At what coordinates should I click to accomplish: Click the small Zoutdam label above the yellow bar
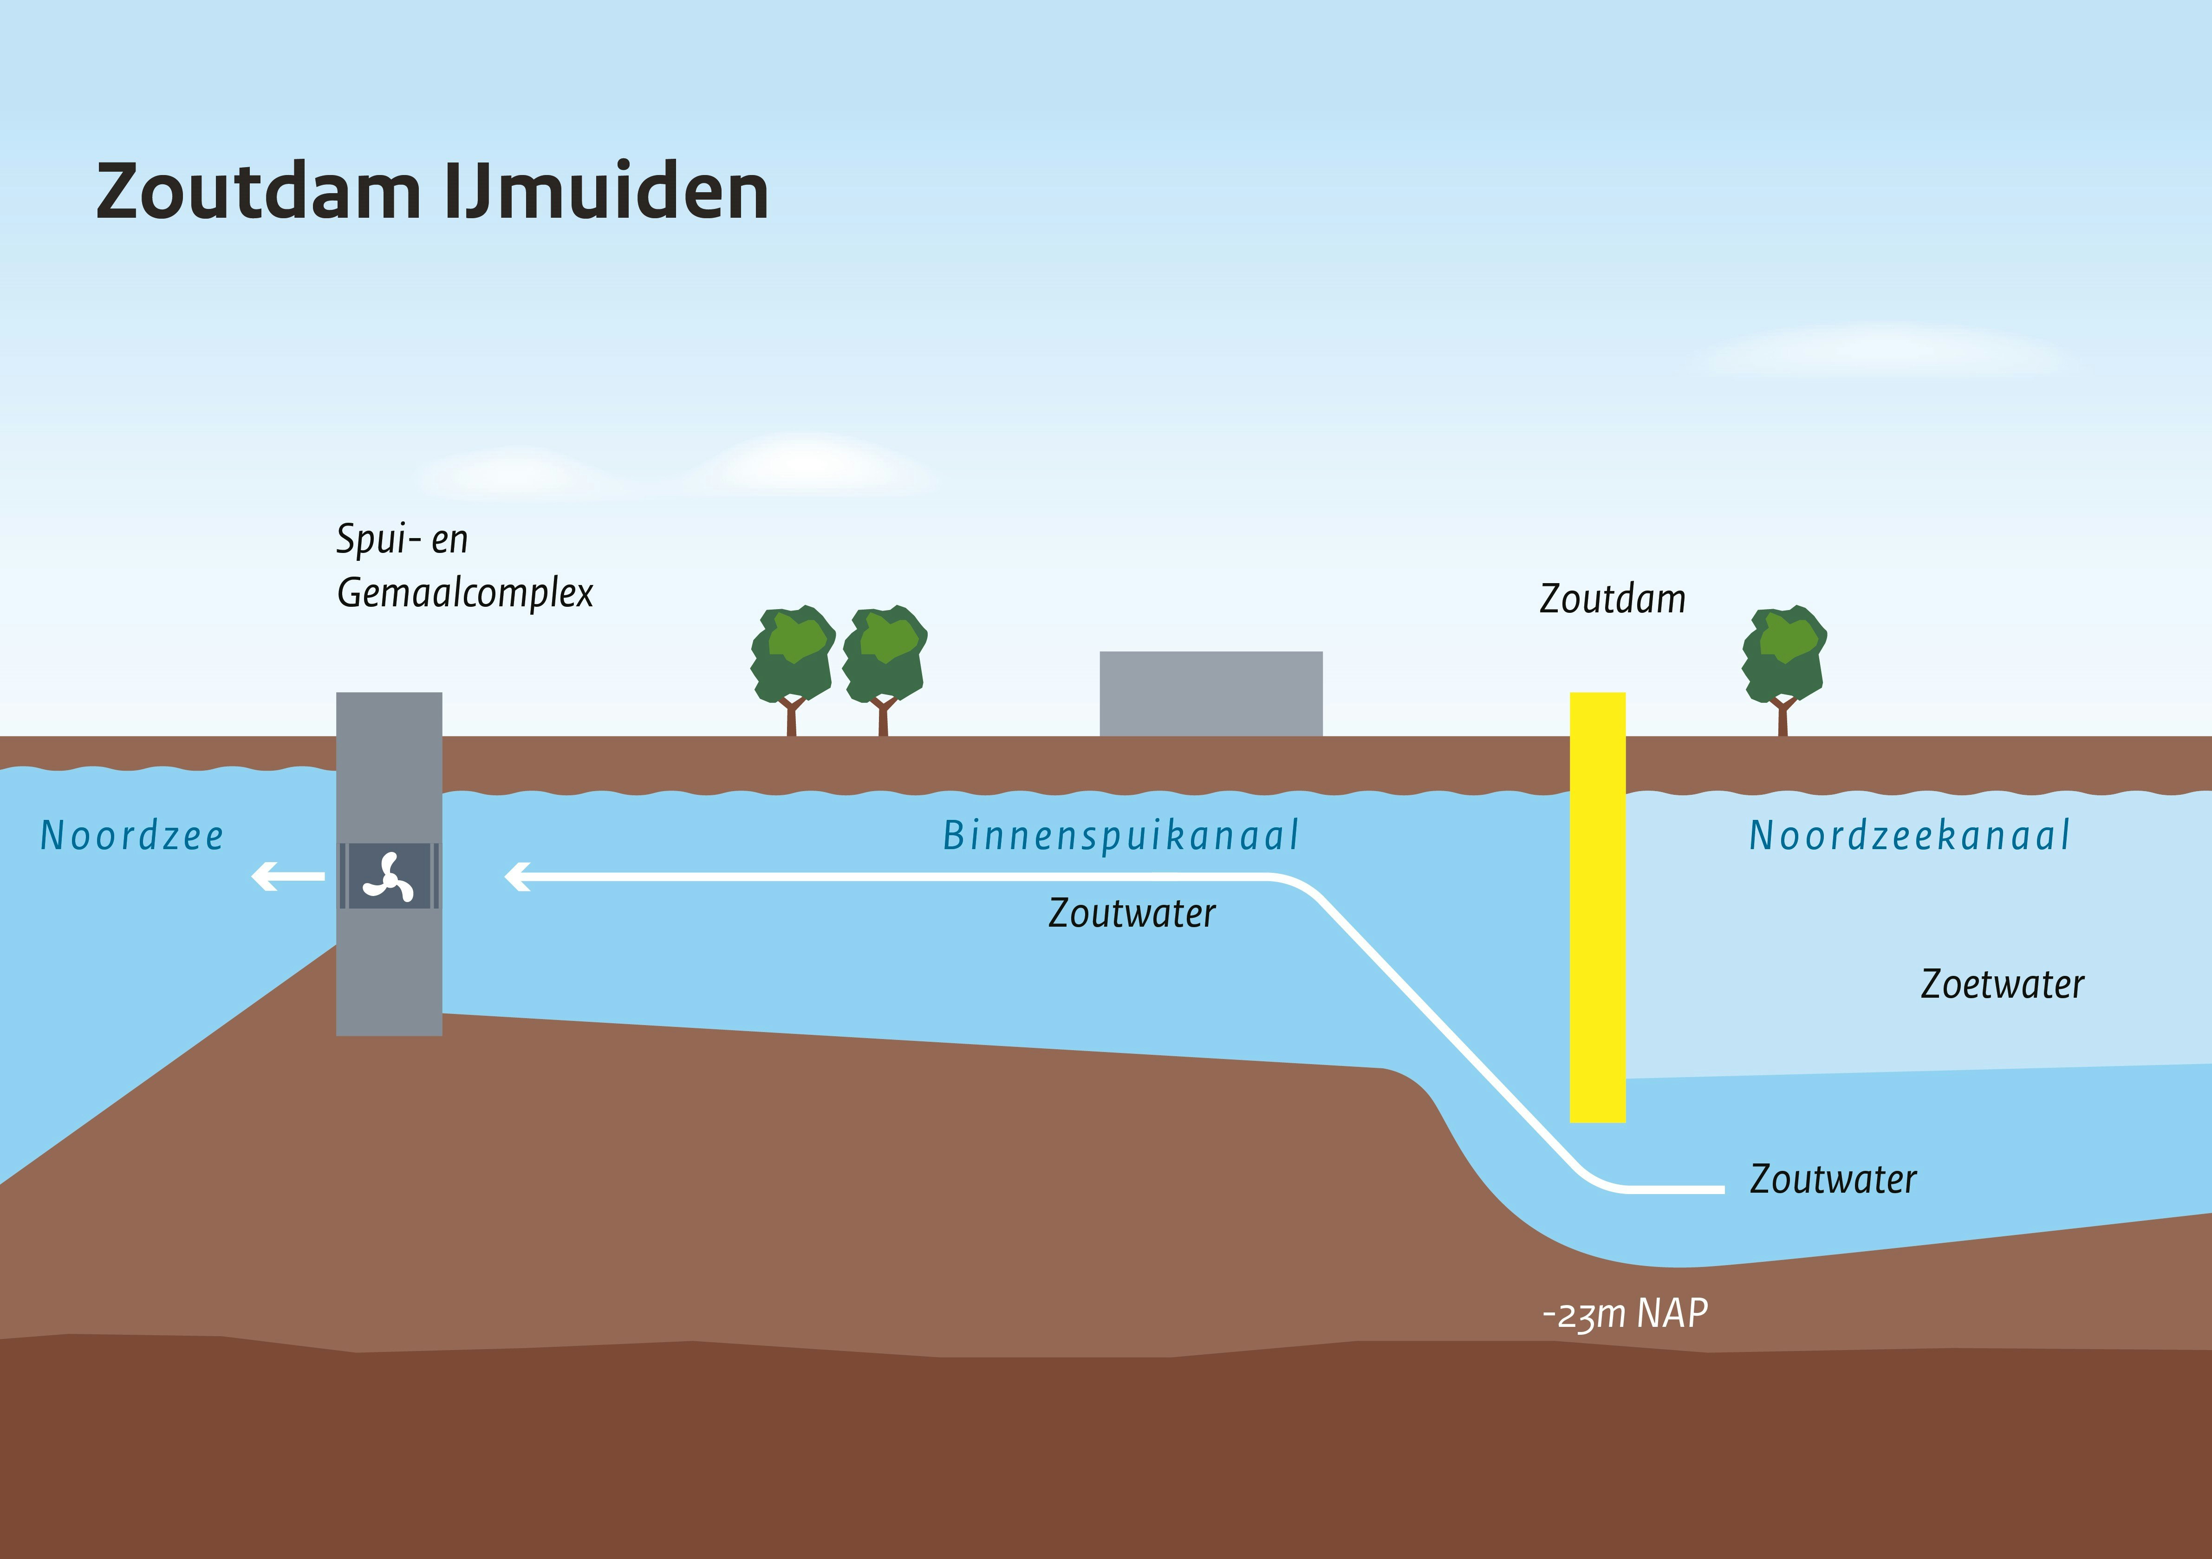click(1613, 598)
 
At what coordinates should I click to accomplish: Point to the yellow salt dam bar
click(1597, 907)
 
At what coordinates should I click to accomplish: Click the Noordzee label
click(132, 835)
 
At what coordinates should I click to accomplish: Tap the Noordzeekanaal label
click(1909, 835)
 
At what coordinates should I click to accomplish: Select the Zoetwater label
click(2002, 984)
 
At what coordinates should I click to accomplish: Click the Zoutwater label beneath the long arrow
click(1132, 912)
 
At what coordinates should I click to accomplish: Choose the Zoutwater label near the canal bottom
click(1834, 1178)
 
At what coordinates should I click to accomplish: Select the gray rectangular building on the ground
click(1211, 694)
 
